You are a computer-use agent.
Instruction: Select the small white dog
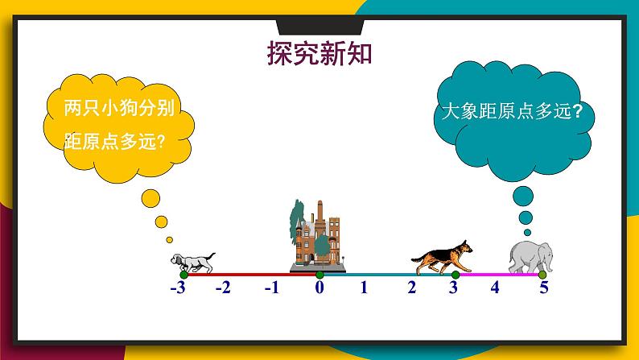pyautogui.click(x=192, y=261)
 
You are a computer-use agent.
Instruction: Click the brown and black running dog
pyautogui.click(x=441, y=258)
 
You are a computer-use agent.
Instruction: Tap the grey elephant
pyautogui.click(x=530, y=257)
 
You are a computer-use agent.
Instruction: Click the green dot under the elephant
pyautogui.click(x=542, y=275)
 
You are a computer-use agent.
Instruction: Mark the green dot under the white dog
pyautogui.click(x=183, y=275)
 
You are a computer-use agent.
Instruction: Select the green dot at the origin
pyautogui.click(x=319, y=275)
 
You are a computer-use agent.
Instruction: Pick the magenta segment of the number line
pyautogui.click(x=499, y=275)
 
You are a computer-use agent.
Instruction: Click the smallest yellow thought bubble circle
pyautogui.click(x=168, y=239)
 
